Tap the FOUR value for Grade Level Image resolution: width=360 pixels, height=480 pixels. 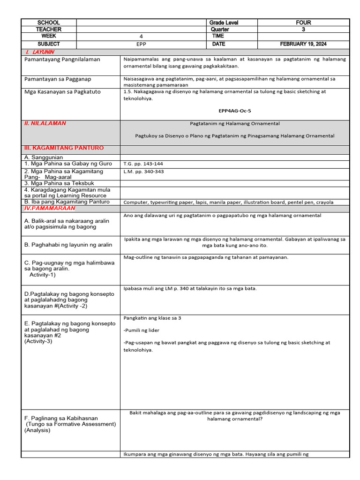coord(303,22)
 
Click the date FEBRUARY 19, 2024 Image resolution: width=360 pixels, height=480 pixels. coord(303,44)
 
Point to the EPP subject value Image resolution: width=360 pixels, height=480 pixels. coord(141,44)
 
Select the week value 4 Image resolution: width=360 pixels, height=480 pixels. coord(141,37)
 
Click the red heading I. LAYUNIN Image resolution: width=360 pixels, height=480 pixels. coord(40,52)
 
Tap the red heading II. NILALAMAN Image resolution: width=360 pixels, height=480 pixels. coord(45,123)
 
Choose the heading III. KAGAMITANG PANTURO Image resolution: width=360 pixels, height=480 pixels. coord(64,148)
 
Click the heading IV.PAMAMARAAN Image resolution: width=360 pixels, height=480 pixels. coord(50,208)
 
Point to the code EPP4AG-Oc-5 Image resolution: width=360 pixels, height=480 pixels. coord(235,111)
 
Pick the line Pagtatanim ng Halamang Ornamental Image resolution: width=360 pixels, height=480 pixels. coord(235,124)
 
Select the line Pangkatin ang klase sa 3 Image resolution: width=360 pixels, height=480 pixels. coord(152,318)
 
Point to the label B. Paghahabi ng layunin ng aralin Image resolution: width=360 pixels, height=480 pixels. coord(68,245)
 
